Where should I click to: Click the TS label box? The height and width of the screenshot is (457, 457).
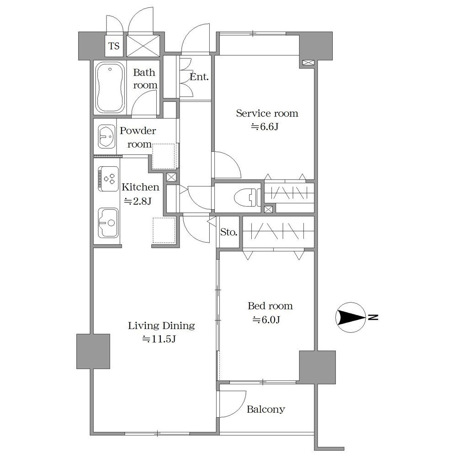coord(114,46)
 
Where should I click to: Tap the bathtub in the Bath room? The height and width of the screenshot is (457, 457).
coord(110,87)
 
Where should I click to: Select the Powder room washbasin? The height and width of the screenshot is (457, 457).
coord(106,136)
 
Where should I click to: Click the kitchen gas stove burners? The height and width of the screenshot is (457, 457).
coord(108,179)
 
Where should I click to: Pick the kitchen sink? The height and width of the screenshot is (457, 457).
coord(108,223)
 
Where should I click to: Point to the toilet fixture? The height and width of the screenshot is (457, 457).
coord(247,197)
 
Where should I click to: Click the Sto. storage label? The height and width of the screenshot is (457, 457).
coord(229,232)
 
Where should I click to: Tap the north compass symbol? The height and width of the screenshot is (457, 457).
coord(351,317)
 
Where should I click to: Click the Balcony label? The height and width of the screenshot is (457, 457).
coord(266,409)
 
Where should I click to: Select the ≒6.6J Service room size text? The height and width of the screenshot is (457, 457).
coord(265,127)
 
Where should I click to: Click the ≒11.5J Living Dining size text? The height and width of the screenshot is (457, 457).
coord(159,339)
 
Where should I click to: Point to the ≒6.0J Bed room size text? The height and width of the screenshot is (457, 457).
coord(266,320)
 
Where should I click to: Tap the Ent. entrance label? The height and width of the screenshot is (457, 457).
coord(199,77)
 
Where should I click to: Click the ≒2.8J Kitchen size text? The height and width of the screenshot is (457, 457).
coord(138,201)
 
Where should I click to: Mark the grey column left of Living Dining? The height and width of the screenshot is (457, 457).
coord(93,351)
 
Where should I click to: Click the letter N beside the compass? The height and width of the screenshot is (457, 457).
coord(373,317)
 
